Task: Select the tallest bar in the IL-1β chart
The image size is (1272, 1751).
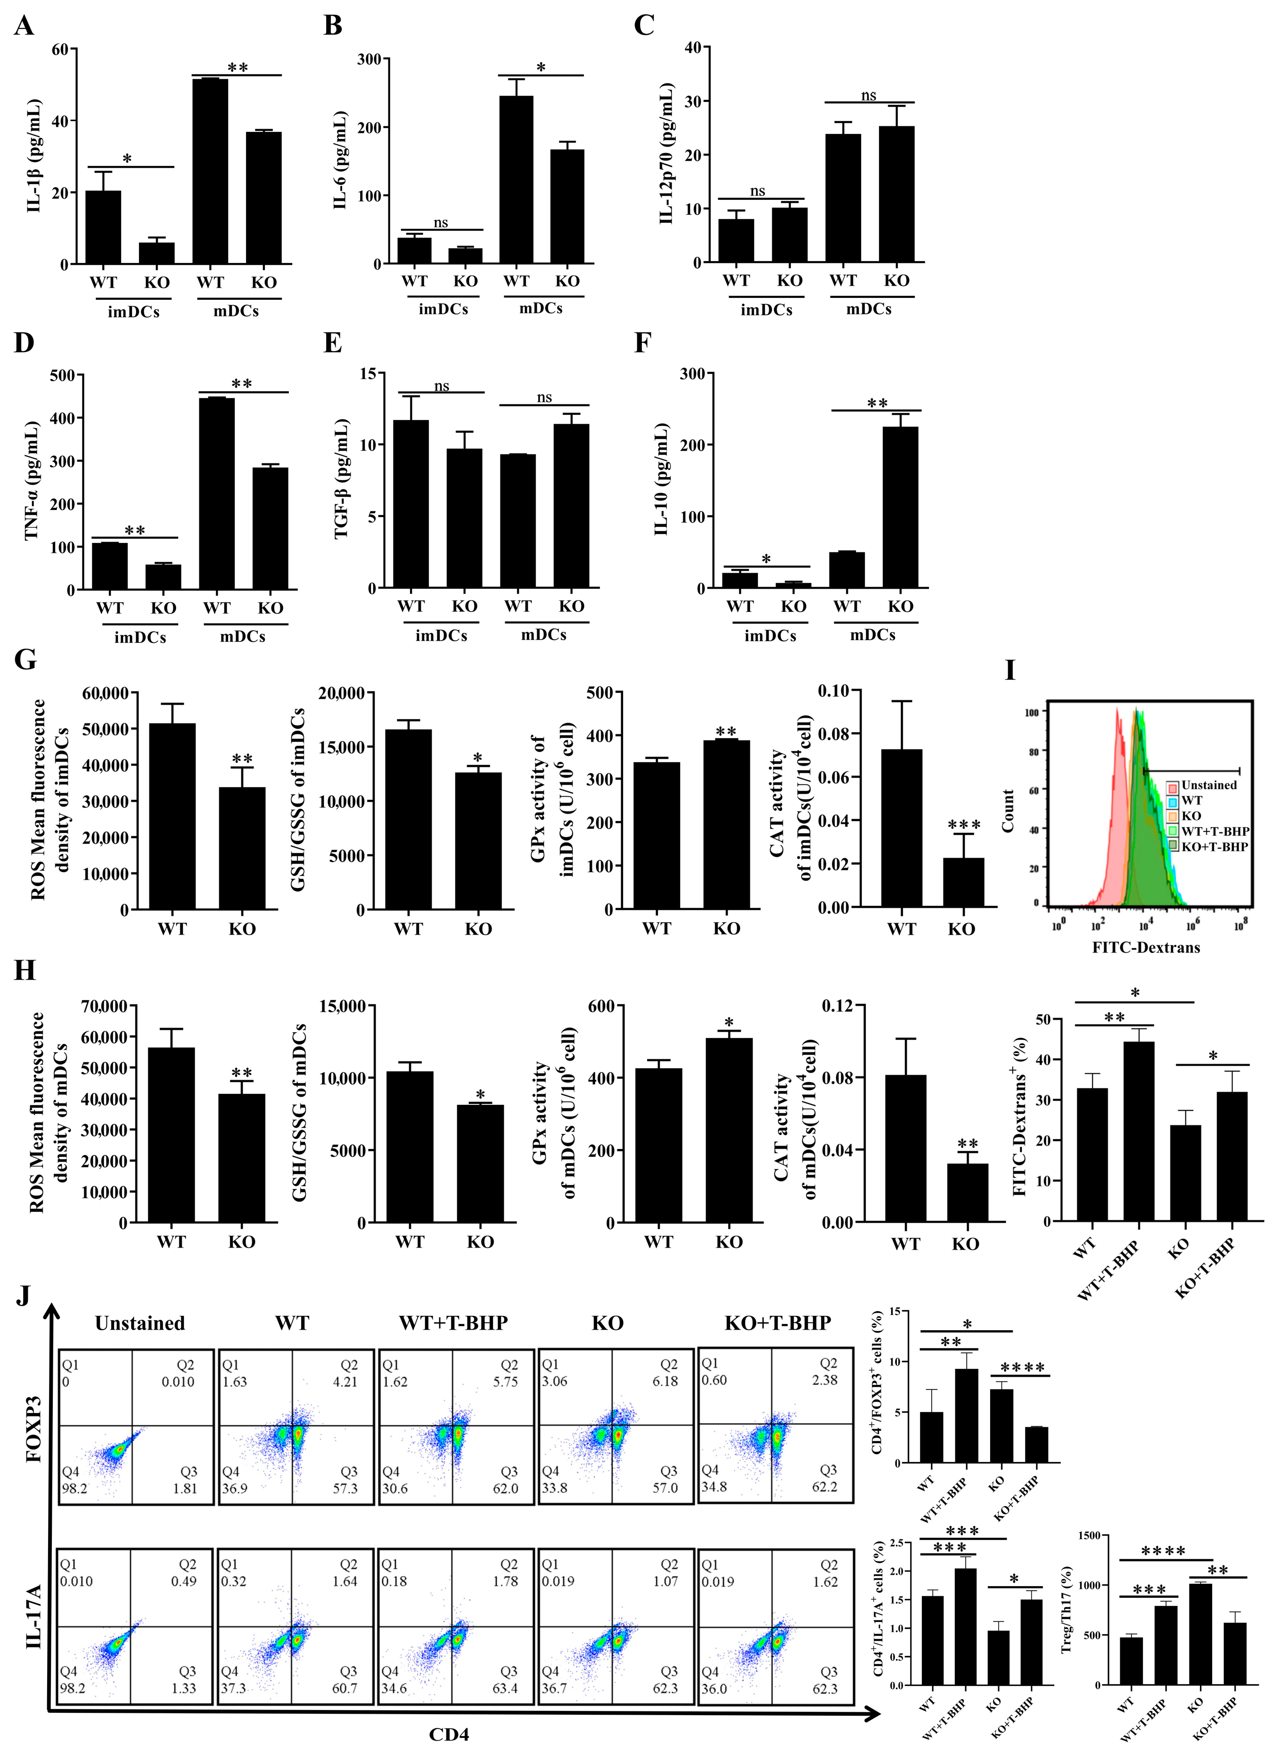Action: pos(210,170)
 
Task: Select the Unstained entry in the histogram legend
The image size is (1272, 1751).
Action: pos(1208,785)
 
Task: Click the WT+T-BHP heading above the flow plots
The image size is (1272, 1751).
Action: pos(453,1324)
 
